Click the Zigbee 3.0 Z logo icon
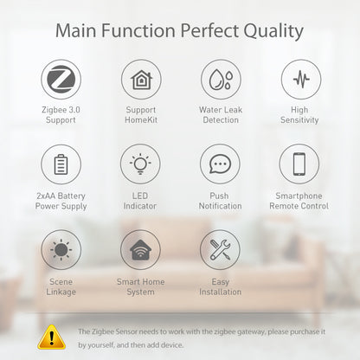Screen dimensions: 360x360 coord(61,79)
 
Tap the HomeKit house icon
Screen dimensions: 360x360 coord(140,79)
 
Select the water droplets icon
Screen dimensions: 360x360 coord(220,79)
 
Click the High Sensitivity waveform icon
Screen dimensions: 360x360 coord(299,79)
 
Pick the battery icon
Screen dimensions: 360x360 coord(61,164)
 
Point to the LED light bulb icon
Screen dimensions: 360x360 coord(140,164)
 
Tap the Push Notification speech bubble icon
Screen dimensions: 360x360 coord(220,164)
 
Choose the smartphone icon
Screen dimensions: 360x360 coord(299,164)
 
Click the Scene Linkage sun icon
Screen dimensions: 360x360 coord(61,249)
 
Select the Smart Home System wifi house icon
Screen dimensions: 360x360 coord(140,249)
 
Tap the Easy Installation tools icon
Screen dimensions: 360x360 coord(220,249)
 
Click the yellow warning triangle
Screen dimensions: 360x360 coord(53,336)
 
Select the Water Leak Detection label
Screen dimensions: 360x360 coord(220,115)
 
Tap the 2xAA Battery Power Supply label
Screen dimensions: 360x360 coord(61,201)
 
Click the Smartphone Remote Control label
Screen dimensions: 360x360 coord(299,201)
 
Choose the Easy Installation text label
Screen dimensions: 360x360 coord(220,286)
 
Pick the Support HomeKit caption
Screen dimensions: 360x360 coord(140,115)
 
